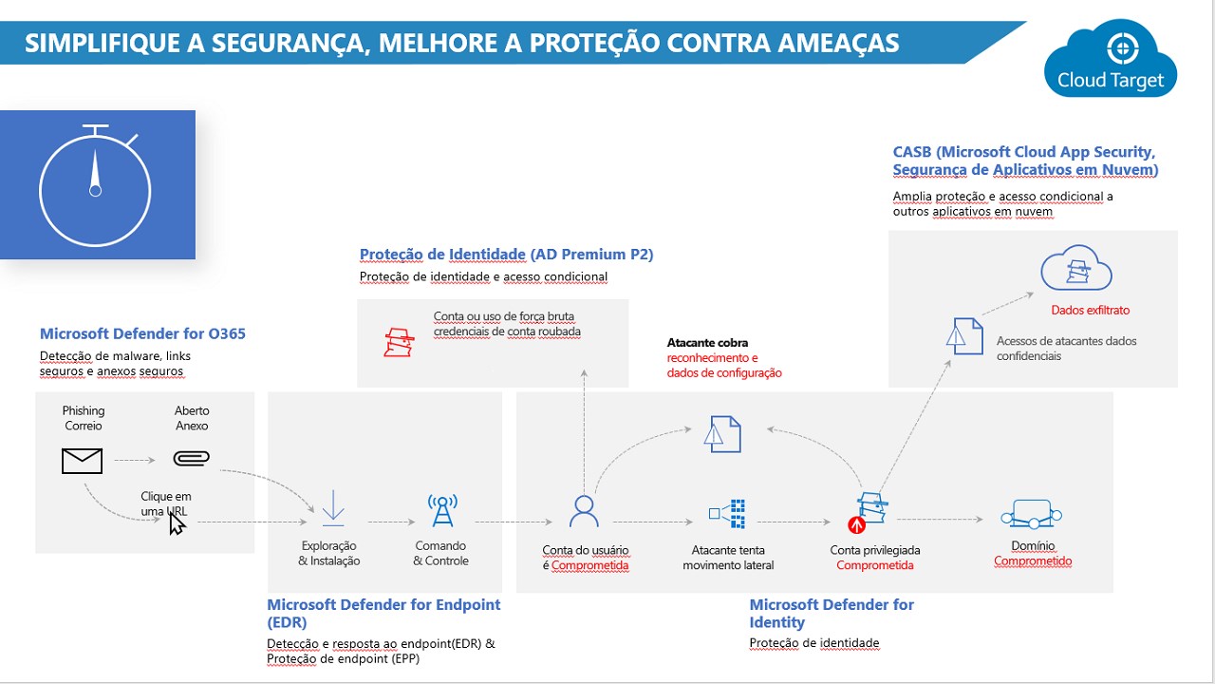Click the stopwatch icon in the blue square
click(x=96, y=185)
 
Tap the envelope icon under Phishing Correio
click(x=82, y=461)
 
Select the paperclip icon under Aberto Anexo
click(x=192, y=459)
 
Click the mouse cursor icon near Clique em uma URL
click(x=177, y=523)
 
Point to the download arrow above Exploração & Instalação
click(x=333, y=508)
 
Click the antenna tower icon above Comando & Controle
click(x=442, y=510)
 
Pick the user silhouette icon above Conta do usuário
click(x=584, y=511)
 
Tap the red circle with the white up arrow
click(x=856, y=525)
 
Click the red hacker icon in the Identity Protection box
click(x=399, y=343)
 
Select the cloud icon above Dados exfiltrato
click(x=1076, y=268)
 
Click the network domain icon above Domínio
click(x=1031, y=514)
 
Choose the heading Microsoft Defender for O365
click(x=142, y=333)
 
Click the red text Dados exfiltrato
click(x=1091, y=310)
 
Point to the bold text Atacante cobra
click(x=707, y=343)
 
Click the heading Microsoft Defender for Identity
click(x=832, y=613)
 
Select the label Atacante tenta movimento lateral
click(x=728, y=558)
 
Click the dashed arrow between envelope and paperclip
click(x=135, y=461)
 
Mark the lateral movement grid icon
click(x=727, y=514)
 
